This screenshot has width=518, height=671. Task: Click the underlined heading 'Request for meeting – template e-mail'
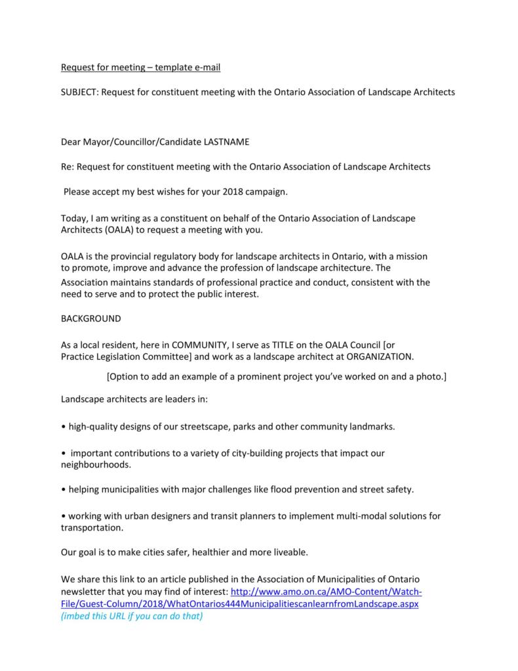click(145, 67)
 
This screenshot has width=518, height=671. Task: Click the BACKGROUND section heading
click(90, 318)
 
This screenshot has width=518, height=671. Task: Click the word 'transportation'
click(91, 527)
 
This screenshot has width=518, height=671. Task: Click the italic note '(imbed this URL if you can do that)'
click(132, 616)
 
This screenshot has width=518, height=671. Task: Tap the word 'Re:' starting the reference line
click(68, 166)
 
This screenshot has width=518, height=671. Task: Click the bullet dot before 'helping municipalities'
click(63, 490)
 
